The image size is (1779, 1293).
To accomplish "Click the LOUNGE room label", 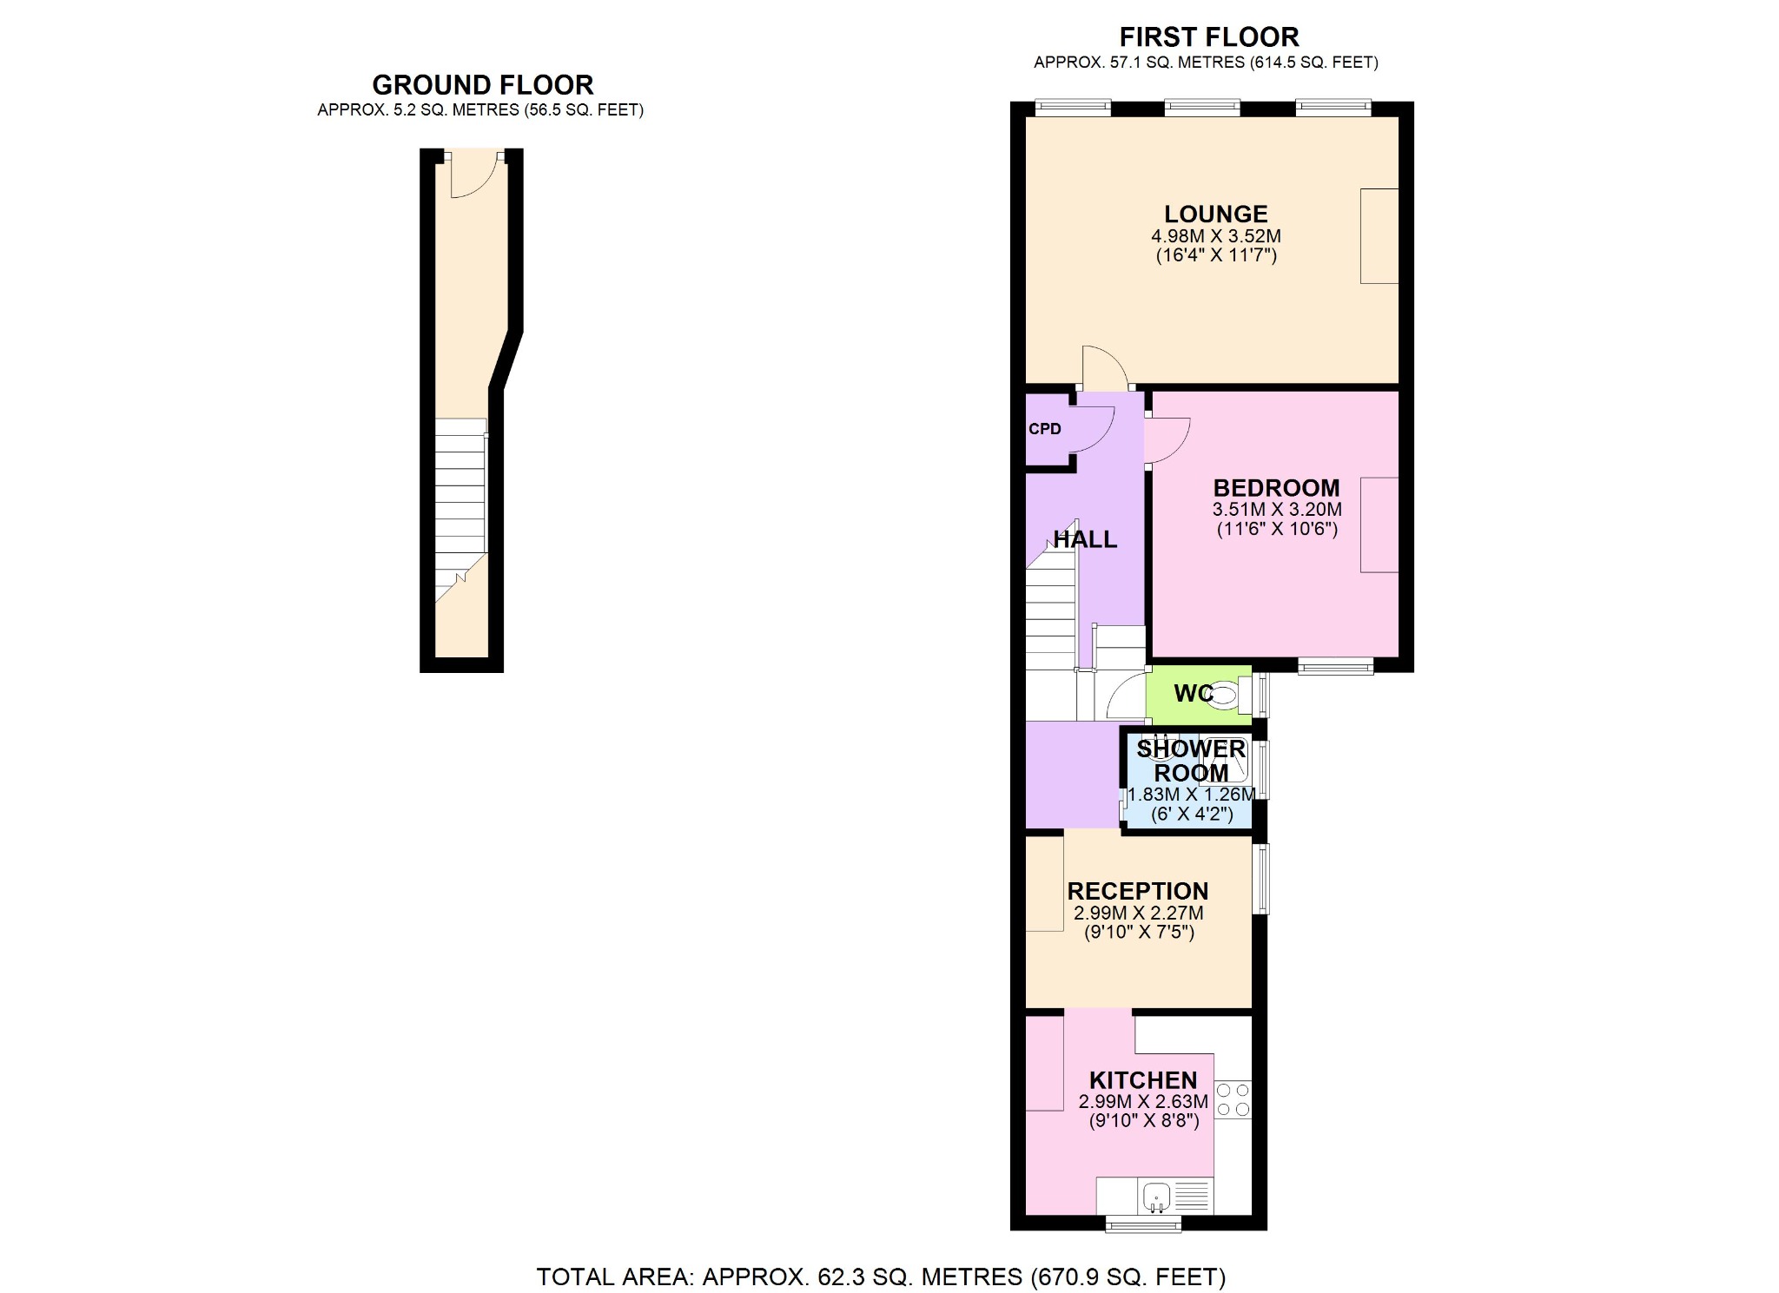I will point(1215,214).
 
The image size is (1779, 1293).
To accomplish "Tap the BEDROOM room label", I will point(1276,487).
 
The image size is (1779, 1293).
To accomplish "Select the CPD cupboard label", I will point(1044,429).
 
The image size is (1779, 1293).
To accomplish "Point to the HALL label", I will point(1085,539).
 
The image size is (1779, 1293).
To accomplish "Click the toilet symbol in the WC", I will point(1224,695).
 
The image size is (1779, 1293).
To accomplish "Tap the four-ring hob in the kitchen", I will point(1233,1099).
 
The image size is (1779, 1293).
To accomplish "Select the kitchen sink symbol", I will point(1155,1197).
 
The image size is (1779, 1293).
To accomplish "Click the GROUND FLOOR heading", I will point(482,85).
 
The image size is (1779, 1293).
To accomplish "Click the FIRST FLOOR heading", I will point(1208,37).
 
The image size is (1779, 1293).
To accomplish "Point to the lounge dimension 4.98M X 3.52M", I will point(1215,236).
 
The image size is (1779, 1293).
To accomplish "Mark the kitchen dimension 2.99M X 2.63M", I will point(1143,1102).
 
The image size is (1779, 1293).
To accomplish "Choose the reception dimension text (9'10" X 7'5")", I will point(1139,933).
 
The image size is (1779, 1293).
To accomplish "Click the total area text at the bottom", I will point(881,1277).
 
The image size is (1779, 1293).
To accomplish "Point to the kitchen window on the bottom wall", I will point(1143,1224).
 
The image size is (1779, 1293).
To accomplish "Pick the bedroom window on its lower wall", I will point(1336,666).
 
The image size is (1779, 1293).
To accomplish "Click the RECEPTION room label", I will point(1137,891).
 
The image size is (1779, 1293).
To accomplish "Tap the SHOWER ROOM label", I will point(1190,761).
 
